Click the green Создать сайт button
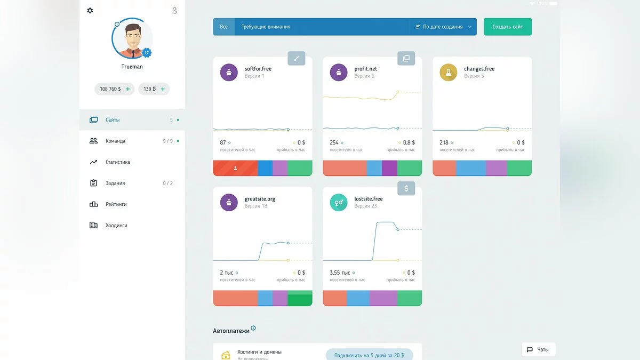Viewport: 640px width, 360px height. tap(507, 27)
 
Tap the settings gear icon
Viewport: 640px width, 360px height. tap(90, 11)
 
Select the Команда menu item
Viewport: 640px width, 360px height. tap(115, 141)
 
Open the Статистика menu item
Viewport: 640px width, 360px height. tap(117, 162)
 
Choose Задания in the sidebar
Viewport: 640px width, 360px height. tap(115, 183)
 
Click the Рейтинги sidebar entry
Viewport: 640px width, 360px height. tap(116, 204)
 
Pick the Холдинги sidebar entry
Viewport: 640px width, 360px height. tap(116, 225)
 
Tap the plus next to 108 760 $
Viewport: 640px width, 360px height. tap(128, 89)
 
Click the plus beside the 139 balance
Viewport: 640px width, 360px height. tap(163, 89)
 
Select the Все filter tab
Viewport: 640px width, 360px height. tap(224, 27)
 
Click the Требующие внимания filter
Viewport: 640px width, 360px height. tap(266, 27)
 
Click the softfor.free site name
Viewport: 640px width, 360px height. tap(258, 69)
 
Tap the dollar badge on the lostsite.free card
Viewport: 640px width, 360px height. tap(406, 188)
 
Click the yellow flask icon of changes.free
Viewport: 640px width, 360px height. tap(449, 72)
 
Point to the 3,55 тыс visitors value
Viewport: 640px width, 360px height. tap(340, 273)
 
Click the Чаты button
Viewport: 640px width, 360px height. tap(538, 349)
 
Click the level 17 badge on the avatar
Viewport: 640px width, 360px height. tap(147, 53)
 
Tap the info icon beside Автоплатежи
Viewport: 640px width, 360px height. tap(253, 328)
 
